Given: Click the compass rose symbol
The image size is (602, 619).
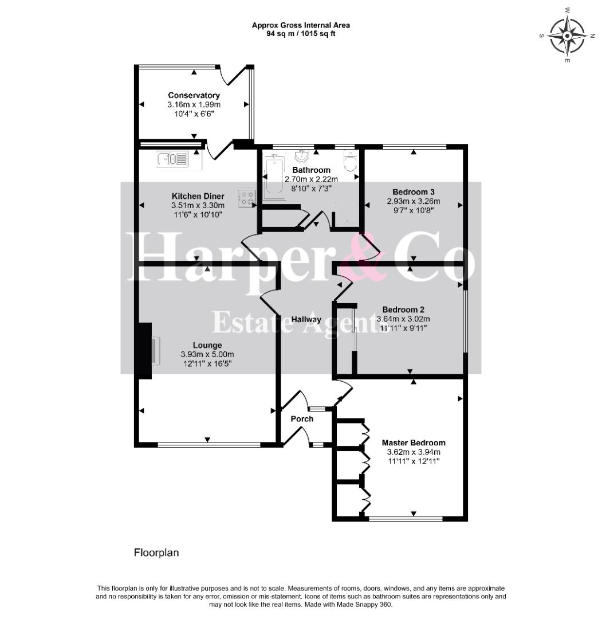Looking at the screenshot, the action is [567, 36].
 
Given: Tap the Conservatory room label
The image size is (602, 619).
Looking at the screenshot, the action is [194, 95].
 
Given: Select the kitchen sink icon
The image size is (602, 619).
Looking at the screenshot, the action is [172, 159].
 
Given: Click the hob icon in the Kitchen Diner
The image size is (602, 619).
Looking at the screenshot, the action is [246, 197].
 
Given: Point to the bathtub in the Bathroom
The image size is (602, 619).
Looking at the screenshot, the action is [273, 177].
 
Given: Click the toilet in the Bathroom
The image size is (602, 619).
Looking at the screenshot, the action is [351, 160].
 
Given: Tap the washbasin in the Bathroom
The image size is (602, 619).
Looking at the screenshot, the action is [302, 156].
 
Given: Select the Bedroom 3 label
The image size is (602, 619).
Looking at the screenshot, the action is [414, 192].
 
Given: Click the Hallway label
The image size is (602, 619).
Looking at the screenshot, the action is [306, 319].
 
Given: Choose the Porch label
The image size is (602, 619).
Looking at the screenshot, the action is [302, 419].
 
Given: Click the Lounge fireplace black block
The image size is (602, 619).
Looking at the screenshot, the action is [143, 351].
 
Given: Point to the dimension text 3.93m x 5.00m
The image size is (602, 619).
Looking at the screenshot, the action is [207, 355].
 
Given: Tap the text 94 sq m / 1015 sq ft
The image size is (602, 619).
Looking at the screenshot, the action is [301, 34].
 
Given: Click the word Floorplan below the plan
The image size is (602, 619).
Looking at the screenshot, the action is [156, 553].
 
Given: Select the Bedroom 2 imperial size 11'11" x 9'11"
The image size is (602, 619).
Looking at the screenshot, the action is [403, 328].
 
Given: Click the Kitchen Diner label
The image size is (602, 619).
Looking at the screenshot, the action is [198, 196].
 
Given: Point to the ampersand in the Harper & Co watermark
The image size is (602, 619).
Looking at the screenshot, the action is [360, 257].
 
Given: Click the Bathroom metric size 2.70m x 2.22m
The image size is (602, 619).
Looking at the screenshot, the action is [311, 179].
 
